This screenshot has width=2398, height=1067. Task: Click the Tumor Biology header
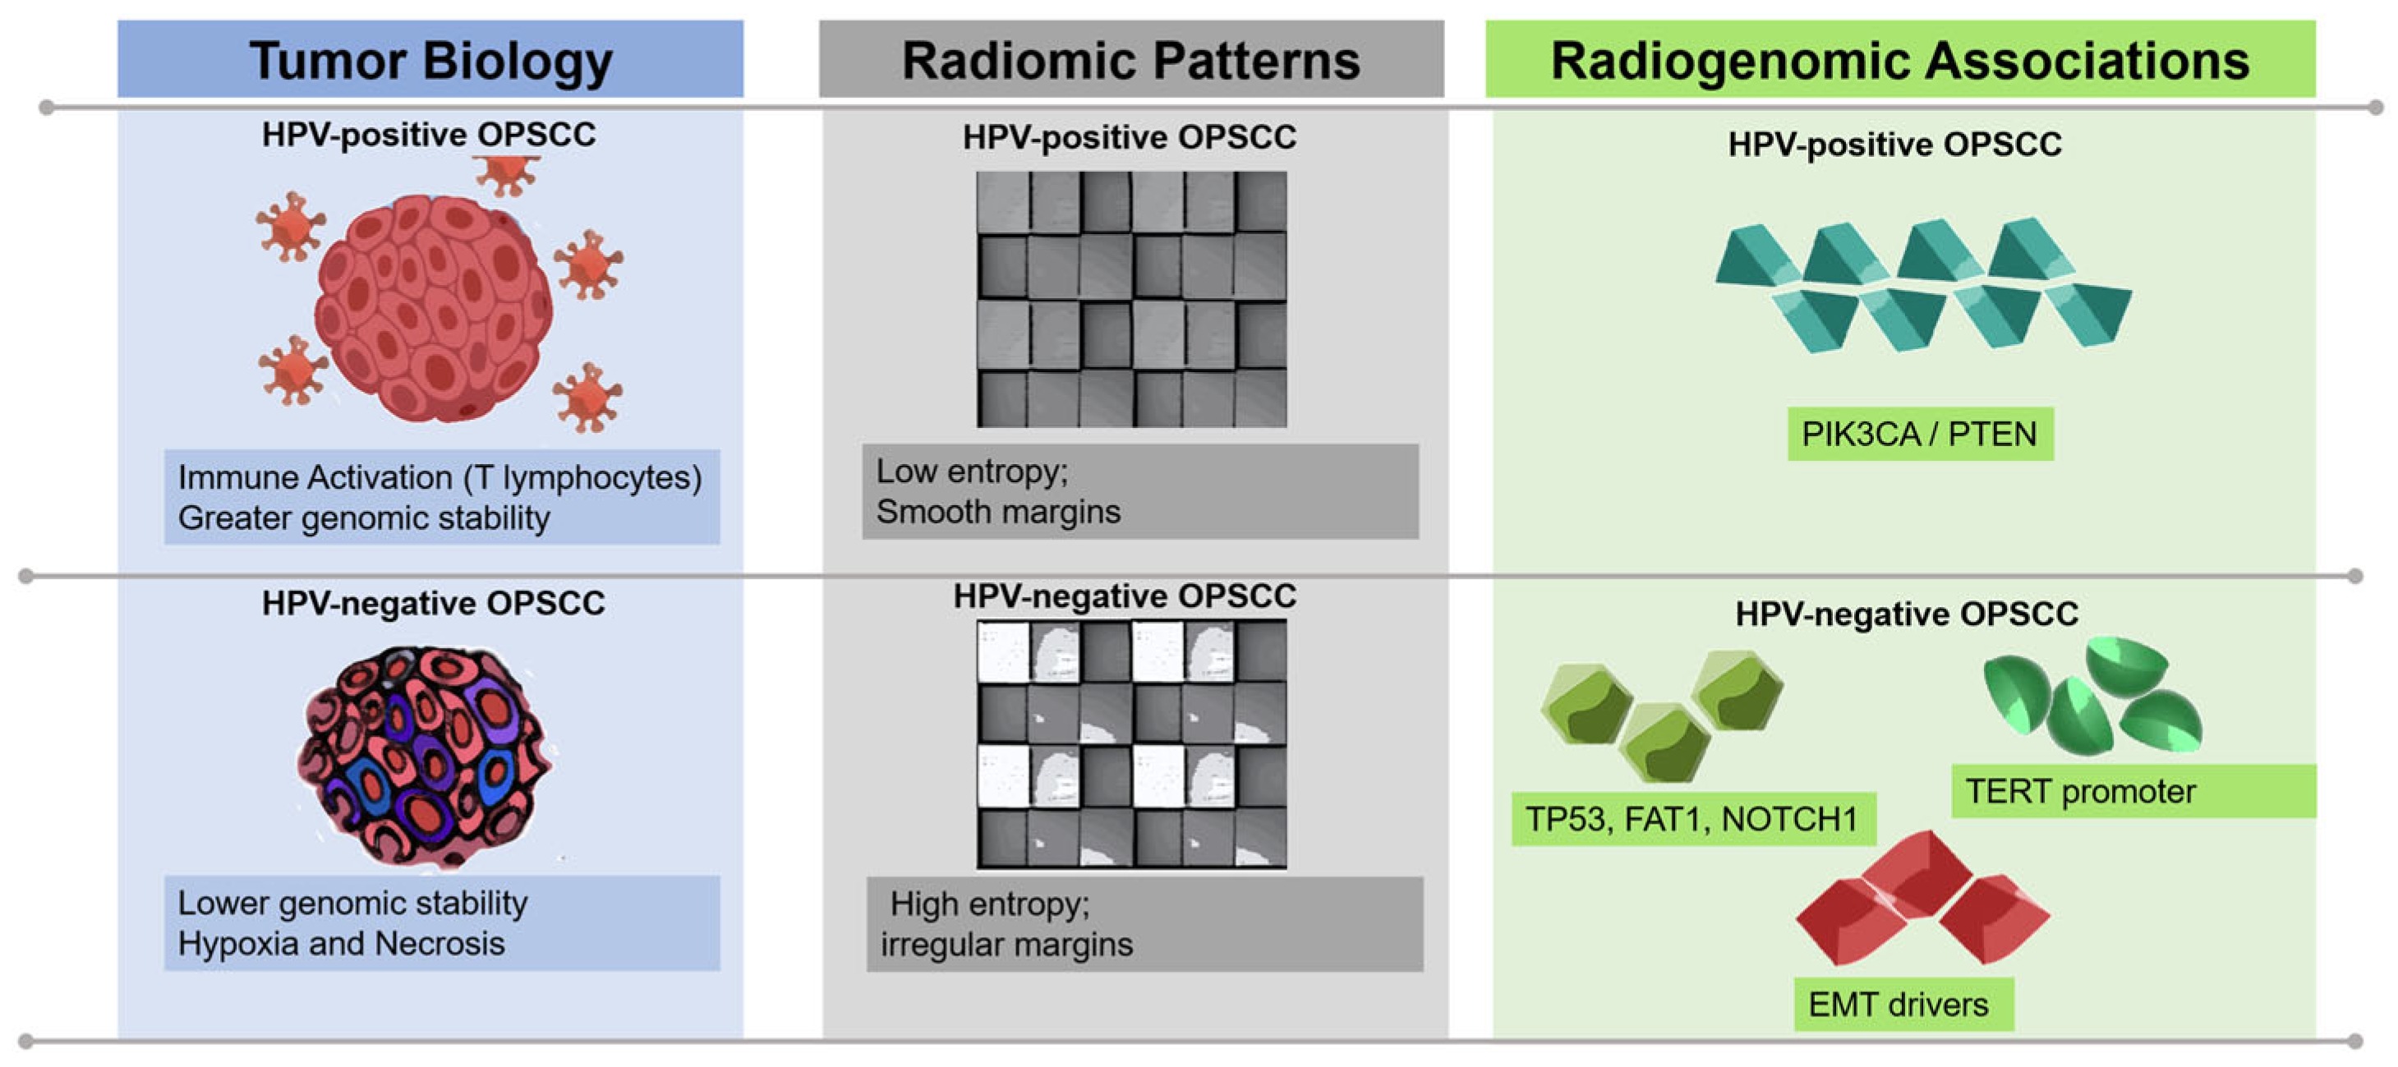point(430,60)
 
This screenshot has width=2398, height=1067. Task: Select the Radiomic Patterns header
point(1131,60)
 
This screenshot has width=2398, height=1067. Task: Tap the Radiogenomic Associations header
point(1900,60)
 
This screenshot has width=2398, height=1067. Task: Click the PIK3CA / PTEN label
point(1920,434)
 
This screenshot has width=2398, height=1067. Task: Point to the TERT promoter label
point(2081,791)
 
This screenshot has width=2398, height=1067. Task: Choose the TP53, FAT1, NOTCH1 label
point(1691,818)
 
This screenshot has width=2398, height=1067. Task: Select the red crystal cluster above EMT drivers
point(1922,898)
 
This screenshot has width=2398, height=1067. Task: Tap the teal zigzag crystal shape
point(1923,285)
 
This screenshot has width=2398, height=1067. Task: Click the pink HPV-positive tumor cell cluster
point(433,307)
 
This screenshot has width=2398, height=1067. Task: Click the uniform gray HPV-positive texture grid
point(1131,299)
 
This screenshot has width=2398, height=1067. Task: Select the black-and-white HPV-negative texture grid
point(1131,744)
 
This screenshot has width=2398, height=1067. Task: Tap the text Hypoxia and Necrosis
point(341,943)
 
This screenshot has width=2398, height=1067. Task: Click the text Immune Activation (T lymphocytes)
point(440,476)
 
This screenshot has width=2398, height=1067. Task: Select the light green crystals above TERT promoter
point(2093,697)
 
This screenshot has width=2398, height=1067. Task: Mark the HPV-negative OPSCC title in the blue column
point(433,604)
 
